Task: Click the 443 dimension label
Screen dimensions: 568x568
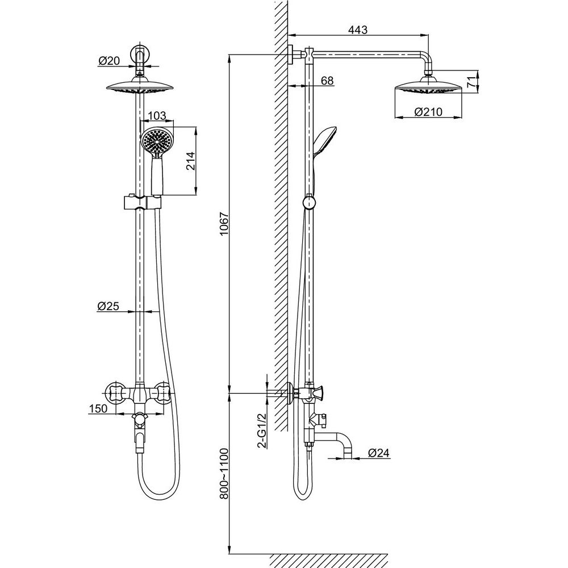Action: click(357, 30)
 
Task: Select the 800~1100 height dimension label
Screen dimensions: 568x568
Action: click(224, 474)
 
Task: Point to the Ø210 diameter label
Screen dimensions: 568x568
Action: click(428, 112)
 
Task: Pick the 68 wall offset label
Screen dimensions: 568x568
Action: click(327, 81)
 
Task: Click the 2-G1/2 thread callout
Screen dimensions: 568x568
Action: click(262, 431)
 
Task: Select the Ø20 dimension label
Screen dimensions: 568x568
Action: click(108, 61)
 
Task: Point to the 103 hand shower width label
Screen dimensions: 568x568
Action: click(157, 116)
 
